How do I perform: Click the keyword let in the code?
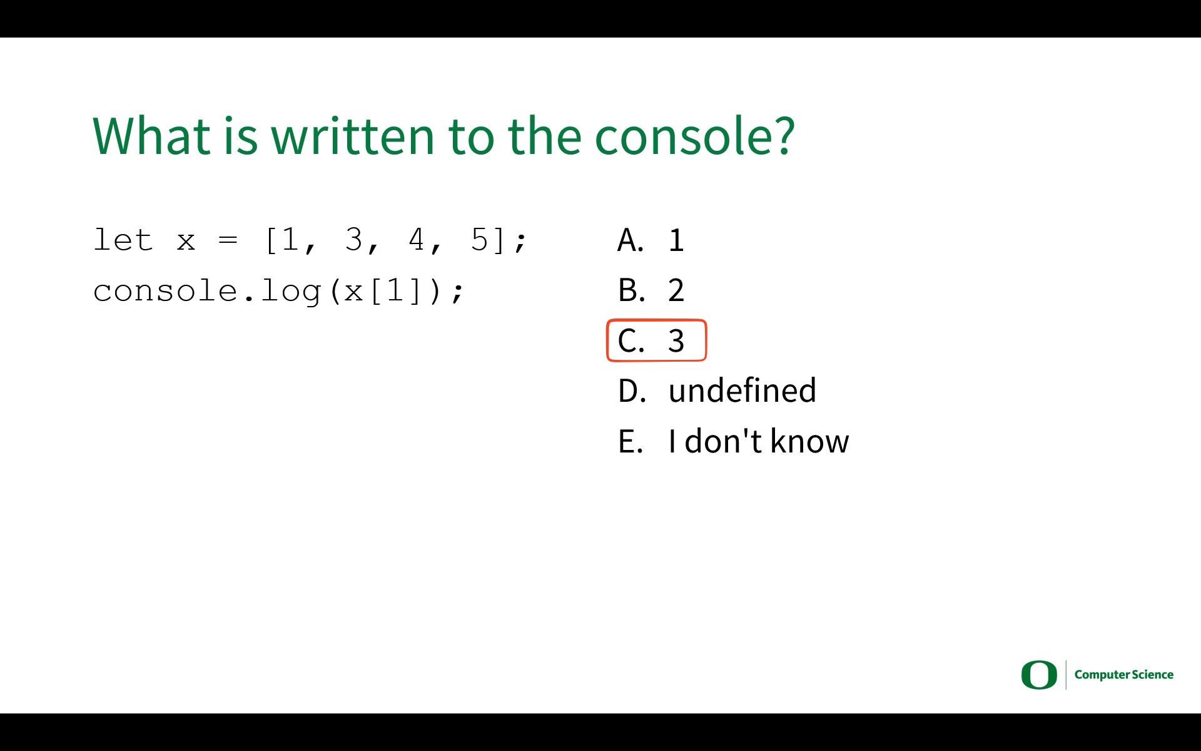123,240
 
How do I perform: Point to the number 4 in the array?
416,240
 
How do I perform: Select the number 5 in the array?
479,240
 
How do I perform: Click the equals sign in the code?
228,240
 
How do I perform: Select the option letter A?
631,240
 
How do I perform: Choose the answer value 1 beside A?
676,240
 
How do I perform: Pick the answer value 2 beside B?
676,290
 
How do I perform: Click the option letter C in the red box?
631,341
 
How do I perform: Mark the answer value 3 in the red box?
676,341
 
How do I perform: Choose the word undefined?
742,390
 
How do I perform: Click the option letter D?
632,391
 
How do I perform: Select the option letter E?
631,441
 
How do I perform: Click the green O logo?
1039,675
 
